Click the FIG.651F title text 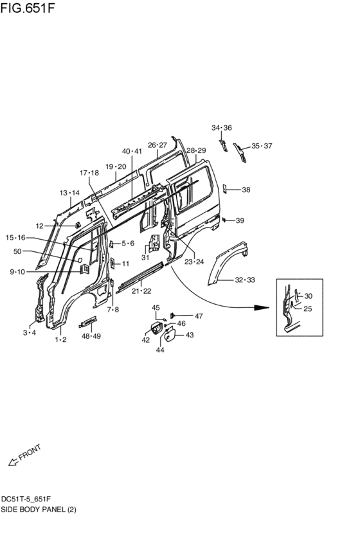(28, 7)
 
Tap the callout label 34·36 (222, 128)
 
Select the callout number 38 (246, 190)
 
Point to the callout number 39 (240, 220)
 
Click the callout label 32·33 (245, 280)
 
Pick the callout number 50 (17, 251)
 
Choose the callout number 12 (39, 226)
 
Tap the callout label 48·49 (91, 336)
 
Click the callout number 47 (199, 316)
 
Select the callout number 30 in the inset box (308, 296)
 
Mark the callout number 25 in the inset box (307, 309)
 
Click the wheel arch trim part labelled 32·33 (227, 261)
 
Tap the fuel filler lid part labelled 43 (170, 336)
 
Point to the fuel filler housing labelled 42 (156, 328)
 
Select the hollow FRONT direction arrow (13, 462)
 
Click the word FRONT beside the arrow (30, 452)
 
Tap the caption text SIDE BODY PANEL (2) (39, 510)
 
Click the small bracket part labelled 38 (225, 189)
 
